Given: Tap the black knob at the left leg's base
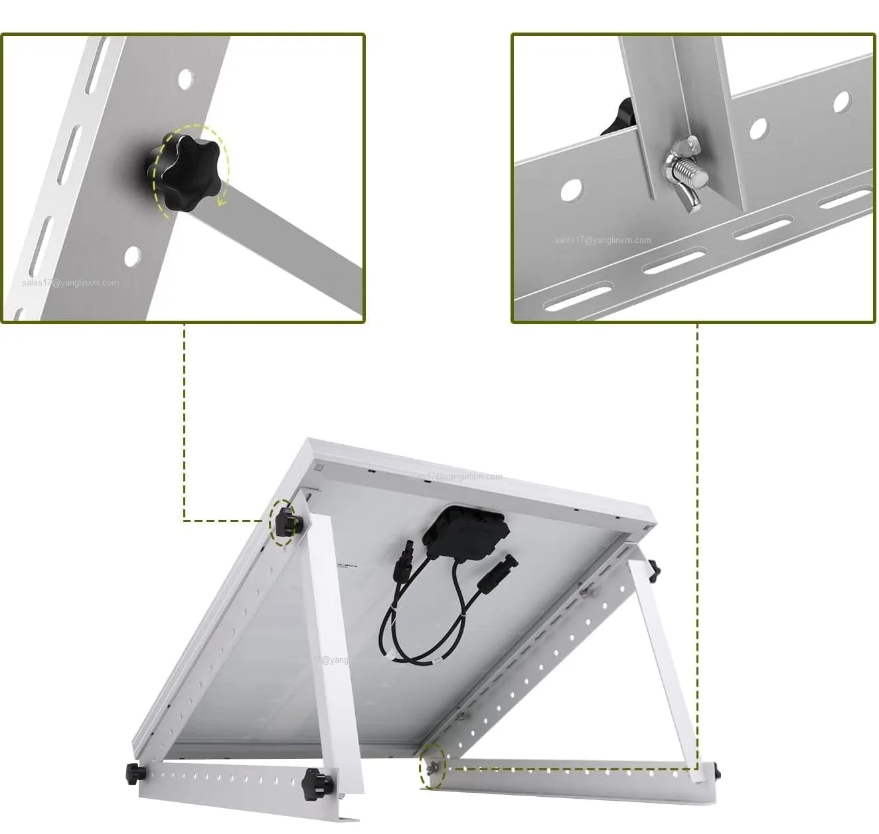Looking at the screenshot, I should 313,784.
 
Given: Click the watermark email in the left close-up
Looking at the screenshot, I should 71,283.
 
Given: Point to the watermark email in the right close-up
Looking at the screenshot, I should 603,240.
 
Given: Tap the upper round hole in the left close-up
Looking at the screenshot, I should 187,78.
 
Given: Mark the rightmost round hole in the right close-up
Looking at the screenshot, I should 842,102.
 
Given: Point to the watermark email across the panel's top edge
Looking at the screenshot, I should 455,477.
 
